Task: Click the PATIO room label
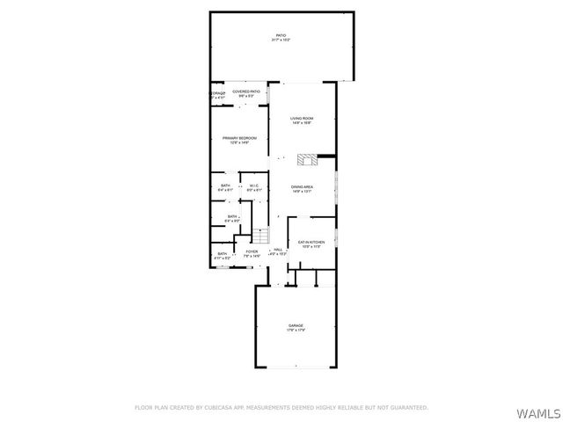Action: point(281,35)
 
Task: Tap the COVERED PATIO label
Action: point(246,91)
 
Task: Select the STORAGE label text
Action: point(217,93)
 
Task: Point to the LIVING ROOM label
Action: point(303,118)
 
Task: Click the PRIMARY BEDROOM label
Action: point(235,138)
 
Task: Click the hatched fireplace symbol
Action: point(306,159)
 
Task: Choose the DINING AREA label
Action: point(303,186)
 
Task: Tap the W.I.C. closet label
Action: point(252,186)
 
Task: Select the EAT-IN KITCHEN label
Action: point(311,242)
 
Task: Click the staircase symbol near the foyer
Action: point(260,235)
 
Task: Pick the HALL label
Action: point(278,251)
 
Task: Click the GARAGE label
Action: point(296,325)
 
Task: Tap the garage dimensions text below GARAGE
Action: point(296,331)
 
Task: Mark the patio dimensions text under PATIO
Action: point(281,40)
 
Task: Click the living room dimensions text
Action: point(303,123)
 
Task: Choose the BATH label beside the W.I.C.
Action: point(225,186)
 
